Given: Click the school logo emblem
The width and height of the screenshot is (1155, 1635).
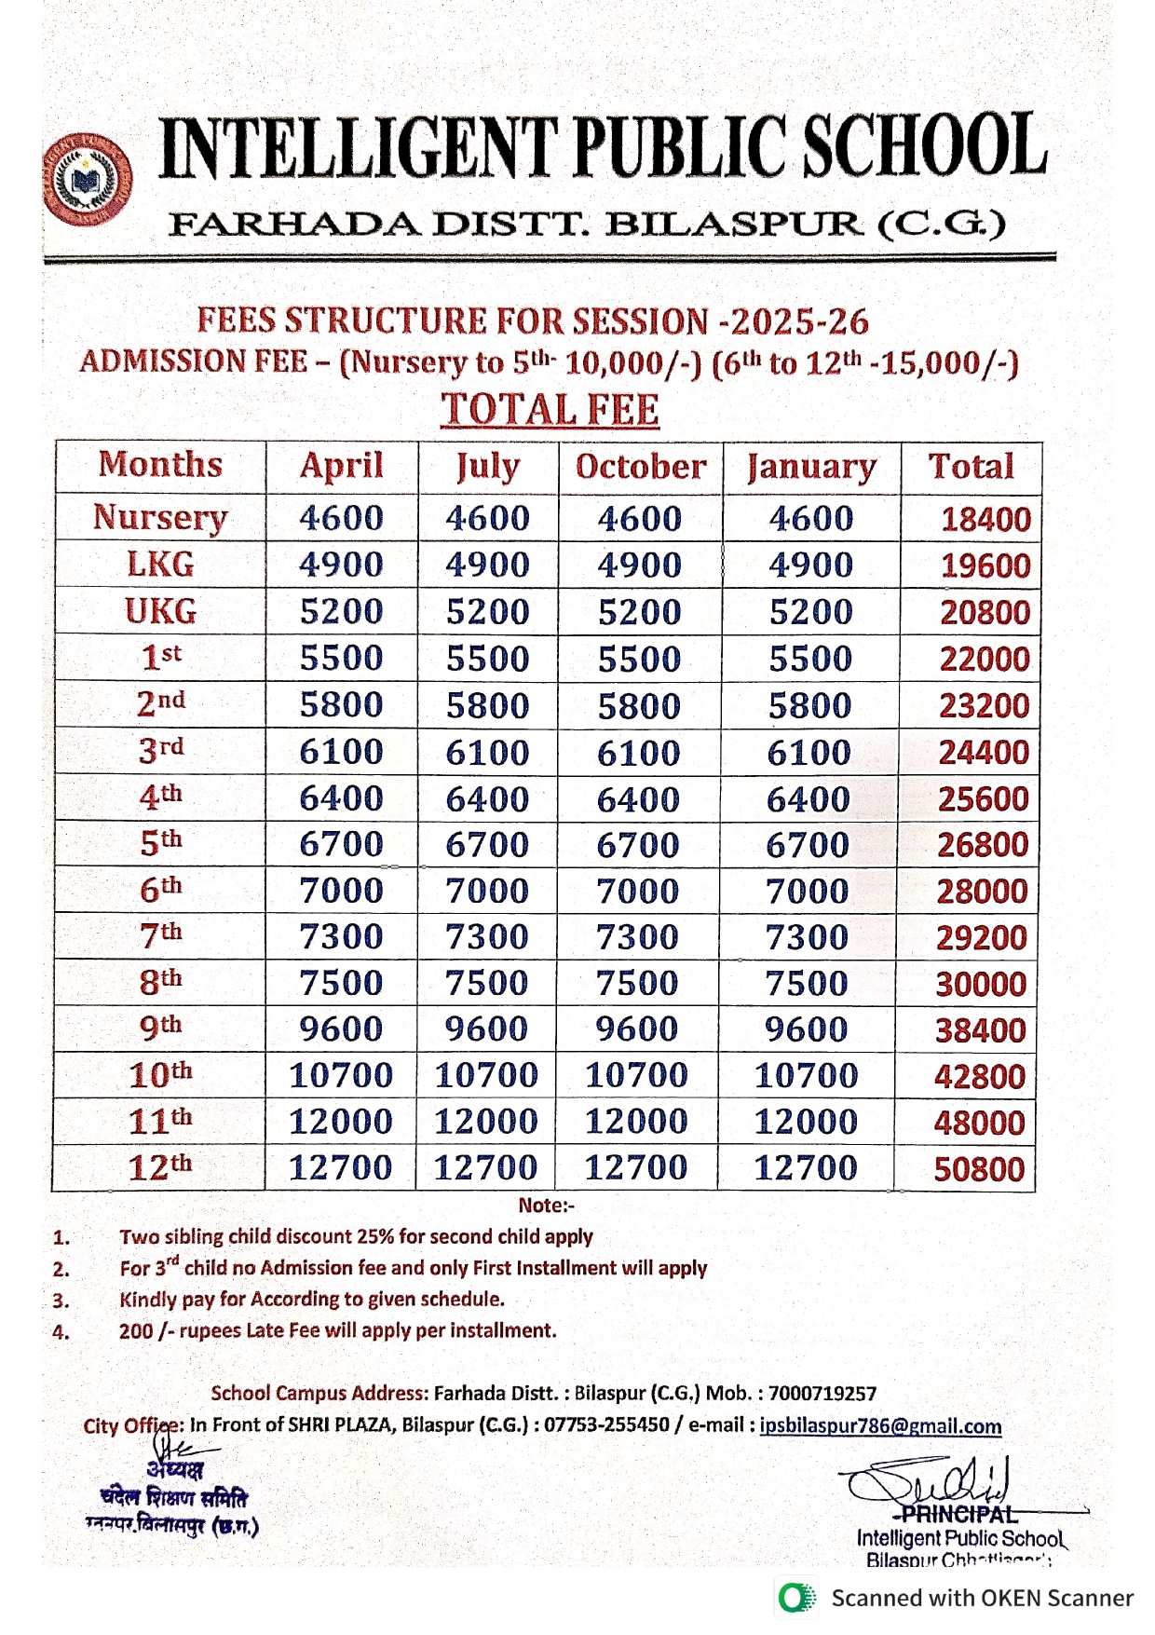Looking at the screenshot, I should click(x=88, y=181).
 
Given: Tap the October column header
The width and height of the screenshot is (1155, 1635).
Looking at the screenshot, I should click(x=641, y=467).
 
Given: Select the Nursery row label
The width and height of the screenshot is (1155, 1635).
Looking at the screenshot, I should click(x=160, y=517).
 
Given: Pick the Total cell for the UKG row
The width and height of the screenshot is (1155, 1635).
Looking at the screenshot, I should click(x=985, y=612).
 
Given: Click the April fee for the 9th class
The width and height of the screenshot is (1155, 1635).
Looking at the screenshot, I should click(x=341, y=1029).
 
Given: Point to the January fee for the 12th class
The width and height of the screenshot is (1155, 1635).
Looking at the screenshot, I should click(x=805, y=1167).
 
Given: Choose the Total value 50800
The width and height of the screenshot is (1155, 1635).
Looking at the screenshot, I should click(x=979, y=1169).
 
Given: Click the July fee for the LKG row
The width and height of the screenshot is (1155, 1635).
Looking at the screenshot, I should click(x=487, y=565).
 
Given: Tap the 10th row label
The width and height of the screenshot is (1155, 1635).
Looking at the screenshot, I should click(x=160, y=1074).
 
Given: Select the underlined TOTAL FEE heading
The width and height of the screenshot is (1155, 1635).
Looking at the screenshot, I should click(x=550, y=410).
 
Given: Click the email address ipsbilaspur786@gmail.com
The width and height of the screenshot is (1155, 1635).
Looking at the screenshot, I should click(x=880, y=1426).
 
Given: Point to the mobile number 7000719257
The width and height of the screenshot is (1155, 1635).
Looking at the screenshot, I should click(x=822, y=1394).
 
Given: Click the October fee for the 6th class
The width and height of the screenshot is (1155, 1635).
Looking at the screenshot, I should click(x=638, y=892).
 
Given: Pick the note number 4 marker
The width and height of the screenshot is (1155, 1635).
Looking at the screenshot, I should click(x=61, y=1332).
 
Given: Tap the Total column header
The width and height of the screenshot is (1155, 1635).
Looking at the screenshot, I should click(x=971, y=467).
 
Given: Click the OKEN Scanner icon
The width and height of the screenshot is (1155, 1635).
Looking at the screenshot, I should click(x=796, y=1598).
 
